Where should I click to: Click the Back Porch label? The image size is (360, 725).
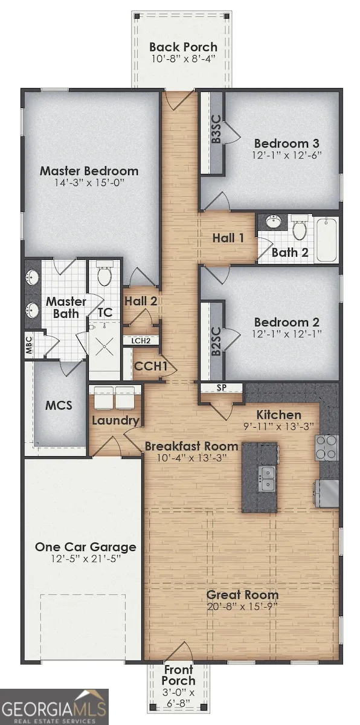click(183, 47)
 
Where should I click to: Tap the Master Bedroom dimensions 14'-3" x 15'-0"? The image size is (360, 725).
click(89, 183)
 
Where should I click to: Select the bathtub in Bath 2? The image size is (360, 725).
click(327, 239)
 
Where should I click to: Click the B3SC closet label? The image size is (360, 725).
click(216, 133)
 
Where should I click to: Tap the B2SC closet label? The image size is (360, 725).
click(216, 341)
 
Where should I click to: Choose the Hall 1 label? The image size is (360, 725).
click(228, 238)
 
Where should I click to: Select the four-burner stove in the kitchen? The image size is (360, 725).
click(326, 448)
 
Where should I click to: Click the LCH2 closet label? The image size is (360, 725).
click(141, 341)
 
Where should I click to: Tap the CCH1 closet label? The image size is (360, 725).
click(151, 366)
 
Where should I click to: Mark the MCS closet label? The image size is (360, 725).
click(59, 405)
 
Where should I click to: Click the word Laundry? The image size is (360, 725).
click(115, 420)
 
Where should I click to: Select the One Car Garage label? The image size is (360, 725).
click(86, 547)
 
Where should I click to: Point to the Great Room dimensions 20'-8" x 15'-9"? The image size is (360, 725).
click(243, 606)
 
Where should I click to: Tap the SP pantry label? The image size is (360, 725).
click(222, 387)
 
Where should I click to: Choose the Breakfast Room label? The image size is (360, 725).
click(191, 446)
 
